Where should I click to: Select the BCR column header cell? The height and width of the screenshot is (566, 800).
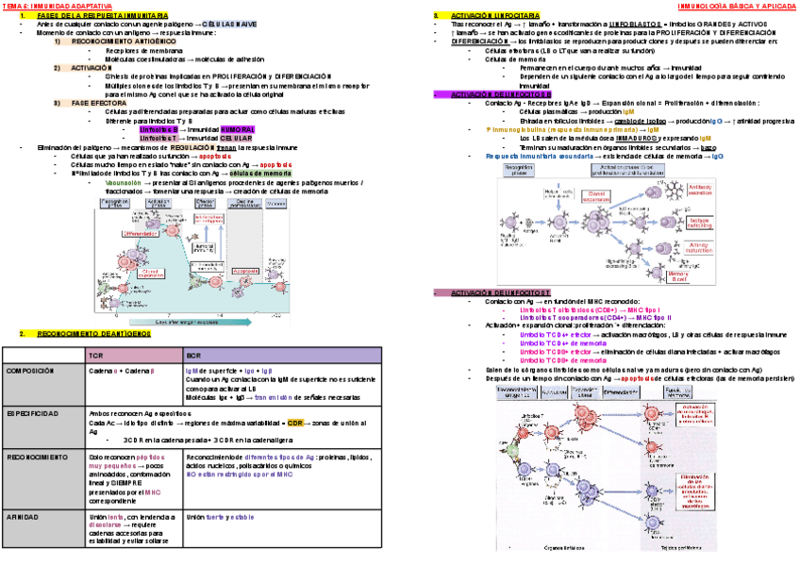coord(193,356)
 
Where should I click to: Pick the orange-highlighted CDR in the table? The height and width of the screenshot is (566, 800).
coord(296,423)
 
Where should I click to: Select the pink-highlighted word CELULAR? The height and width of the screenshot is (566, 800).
coord(237,138)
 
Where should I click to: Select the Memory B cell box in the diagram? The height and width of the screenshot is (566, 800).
coord(680,275)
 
